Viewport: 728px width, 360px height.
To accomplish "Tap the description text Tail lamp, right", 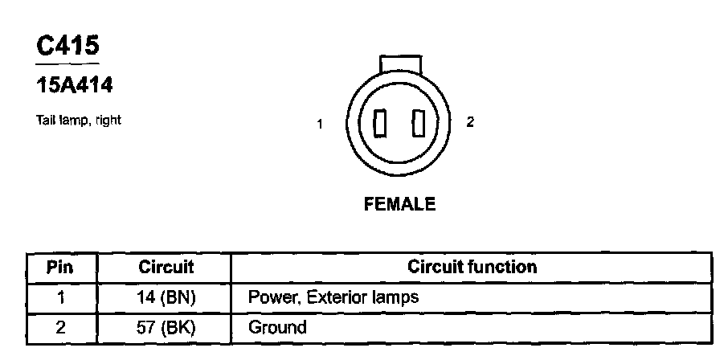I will (x=78, y=121).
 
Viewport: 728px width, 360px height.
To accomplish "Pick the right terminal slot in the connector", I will (x=416, y=125).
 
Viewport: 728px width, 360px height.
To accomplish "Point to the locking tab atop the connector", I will (x=400, y=63).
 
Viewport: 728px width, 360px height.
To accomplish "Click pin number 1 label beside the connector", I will (x=320, y=124).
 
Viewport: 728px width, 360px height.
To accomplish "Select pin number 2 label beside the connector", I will (x=470, y=122).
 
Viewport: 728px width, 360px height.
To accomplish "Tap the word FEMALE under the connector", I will (x=399, y=204).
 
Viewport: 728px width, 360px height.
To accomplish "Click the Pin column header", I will (x=61, y=267).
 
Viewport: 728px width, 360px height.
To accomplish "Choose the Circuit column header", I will (x=166, y=267).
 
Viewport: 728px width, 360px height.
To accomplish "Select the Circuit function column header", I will (x=472, y=267).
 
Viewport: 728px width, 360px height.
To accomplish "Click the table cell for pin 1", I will (x=61, y=297).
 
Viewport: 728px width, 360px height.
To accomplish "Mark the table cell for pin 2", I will (x=61, y=327).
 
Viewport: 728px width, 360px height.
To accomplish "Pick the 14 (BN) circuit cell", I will (x=166, y=297).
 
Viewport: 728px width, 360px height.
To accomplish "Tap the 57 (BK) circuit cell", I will (x=166, y=327).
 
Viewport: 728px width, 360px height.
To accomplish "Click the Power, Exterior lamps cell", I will (x=333, y=297).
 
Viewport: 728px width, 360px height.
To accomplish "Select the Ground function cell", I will (x=277, y=327).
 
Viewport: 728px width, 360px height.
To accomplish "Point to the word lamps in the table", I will (x=394, y=297).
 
